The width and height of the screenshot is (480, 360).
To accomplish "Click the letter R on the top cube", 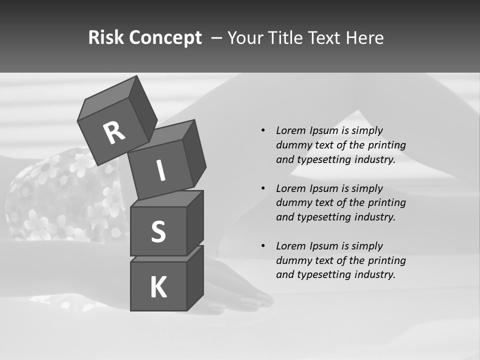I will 114,133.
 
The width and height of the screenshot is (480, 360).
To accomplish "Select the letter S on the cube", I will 158,232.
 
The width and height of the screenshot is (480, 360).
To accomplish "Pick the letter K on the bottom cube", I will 158,287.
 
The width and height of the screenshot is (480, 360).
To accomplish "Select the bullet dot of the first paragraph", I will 263,130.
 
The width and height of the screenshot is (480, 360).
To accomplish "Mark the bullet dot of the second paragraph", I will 263,188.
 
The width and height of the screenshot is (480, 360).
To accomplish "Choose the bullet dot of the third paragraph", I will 263,246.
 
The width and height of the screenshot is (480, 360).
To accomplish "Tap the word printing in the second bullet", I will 386,203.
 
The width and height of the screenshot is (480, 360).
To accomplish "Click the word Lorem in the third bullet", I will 290,246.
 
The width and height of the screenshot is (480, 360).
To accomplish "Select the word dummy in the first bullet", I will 292,145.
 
